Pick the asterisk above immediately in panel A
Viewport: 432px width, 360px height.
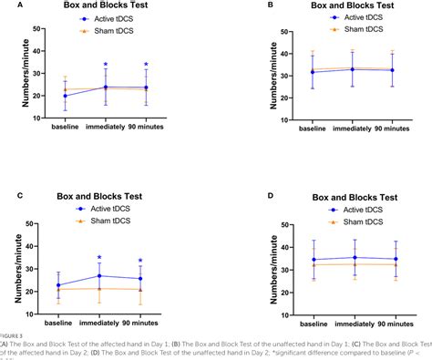click(106, 65)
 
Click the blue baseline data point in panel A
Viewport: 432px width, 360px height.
click(65, 96)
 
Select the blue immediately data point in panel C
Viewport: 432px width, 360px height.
click(98, 275)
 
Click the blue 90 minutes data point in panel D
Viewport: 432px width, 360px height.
click(394, 259)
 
